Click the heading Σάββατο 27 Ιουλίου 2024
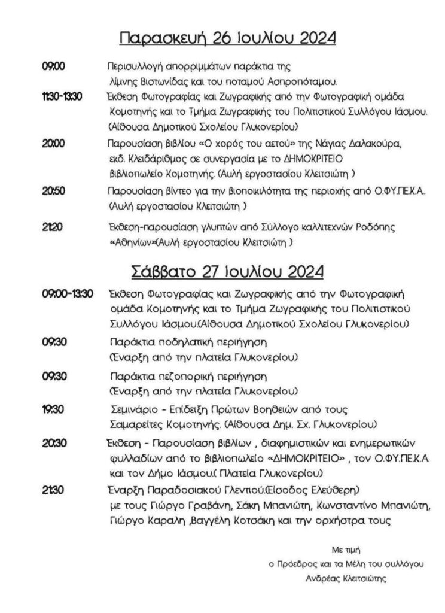[228, 271]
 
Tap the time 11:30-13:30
[62, 96]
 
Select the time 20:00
[53, 144]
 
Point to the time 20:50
[53, 191]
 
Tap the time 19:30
[53, 409]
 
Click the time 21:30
[52, 490]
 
